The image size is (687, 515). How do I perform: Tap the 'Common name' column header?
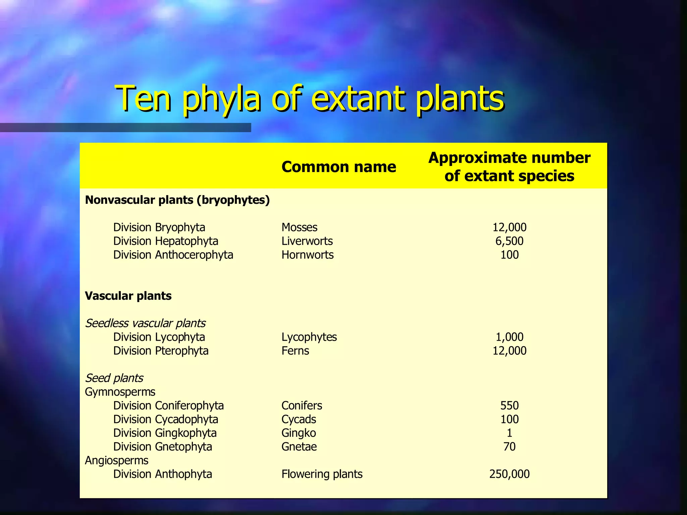339,167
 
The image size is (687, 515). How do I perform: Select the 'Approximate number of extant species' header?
509,167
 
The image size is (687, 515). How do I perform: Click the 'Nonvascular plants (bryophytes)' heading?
177,200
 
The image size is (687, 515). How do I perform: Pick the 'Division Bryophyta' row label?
159,227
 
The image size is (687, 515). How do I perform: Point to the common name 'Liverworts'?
307,241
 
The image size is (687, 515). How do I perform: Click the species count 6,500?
509,241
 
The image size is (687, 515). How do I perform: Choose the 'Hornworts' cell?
307,255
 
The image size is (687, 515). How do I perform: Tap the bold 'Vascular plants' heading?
128,296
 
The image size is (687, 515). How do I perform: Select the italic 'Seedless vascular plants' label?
145,323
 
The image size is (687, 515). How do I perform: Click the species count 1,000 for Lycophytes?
509,337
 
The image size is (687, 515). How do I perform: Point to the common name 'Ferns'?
295,351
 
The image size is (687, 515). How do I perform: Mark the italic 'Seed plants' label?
114,378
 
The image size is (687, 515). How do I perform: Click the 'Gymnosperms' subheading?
120,392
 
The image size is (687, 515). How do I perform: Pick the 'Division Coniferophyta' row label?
168,406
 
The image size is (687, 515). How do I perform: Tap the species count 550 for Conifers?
509,406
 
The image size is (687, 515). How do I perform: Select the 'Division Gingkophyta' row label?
165,433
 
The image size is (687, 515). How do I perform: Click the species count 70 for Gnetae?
509,447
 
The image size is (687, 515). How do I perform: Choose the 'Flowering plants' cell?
322,474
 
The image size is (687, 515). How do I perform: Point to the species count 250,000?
509,474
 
